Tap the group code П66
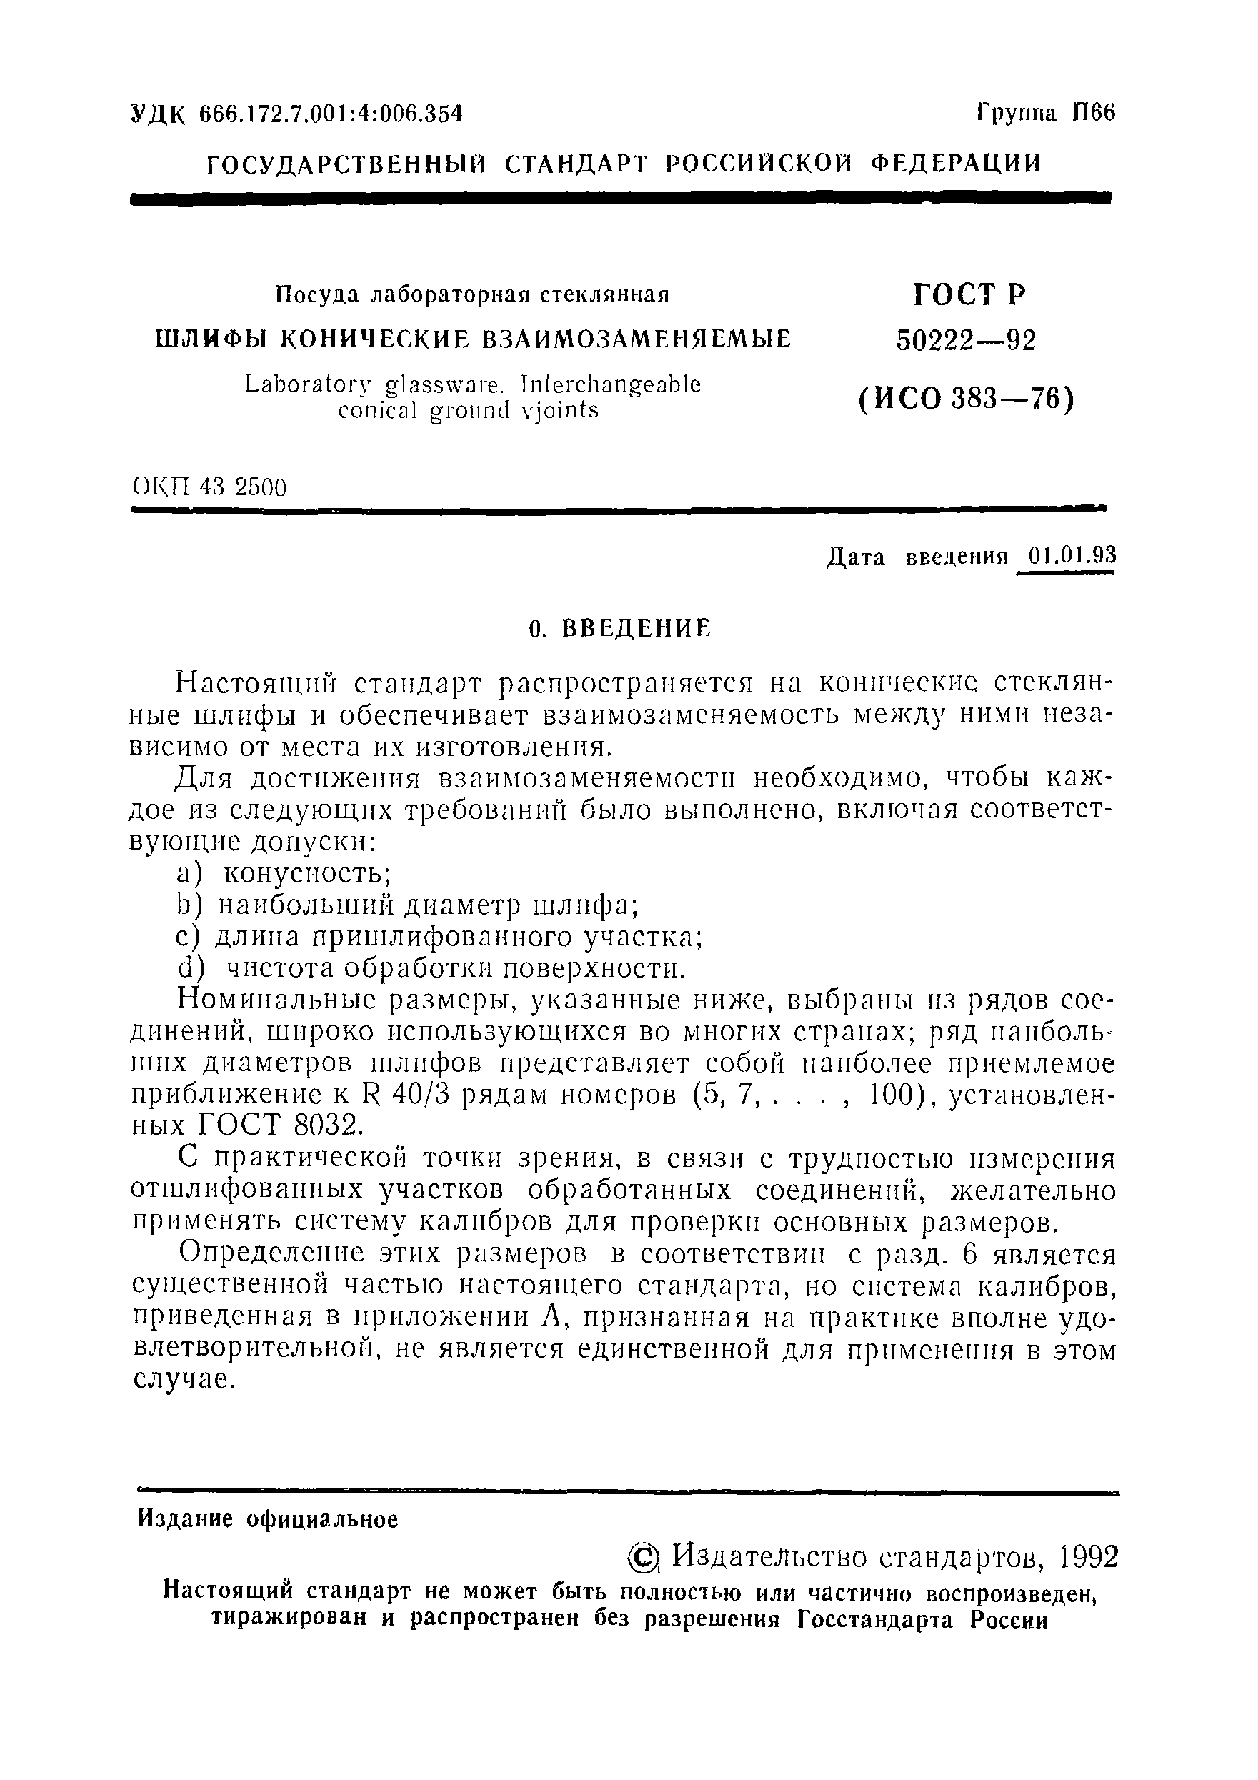[1093, 113]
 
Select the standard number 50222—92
[966, 340]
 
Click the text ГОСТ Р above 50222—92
[969, 294]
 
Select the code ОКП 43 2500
[209, 487]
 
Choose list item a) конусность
[283, 874]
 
